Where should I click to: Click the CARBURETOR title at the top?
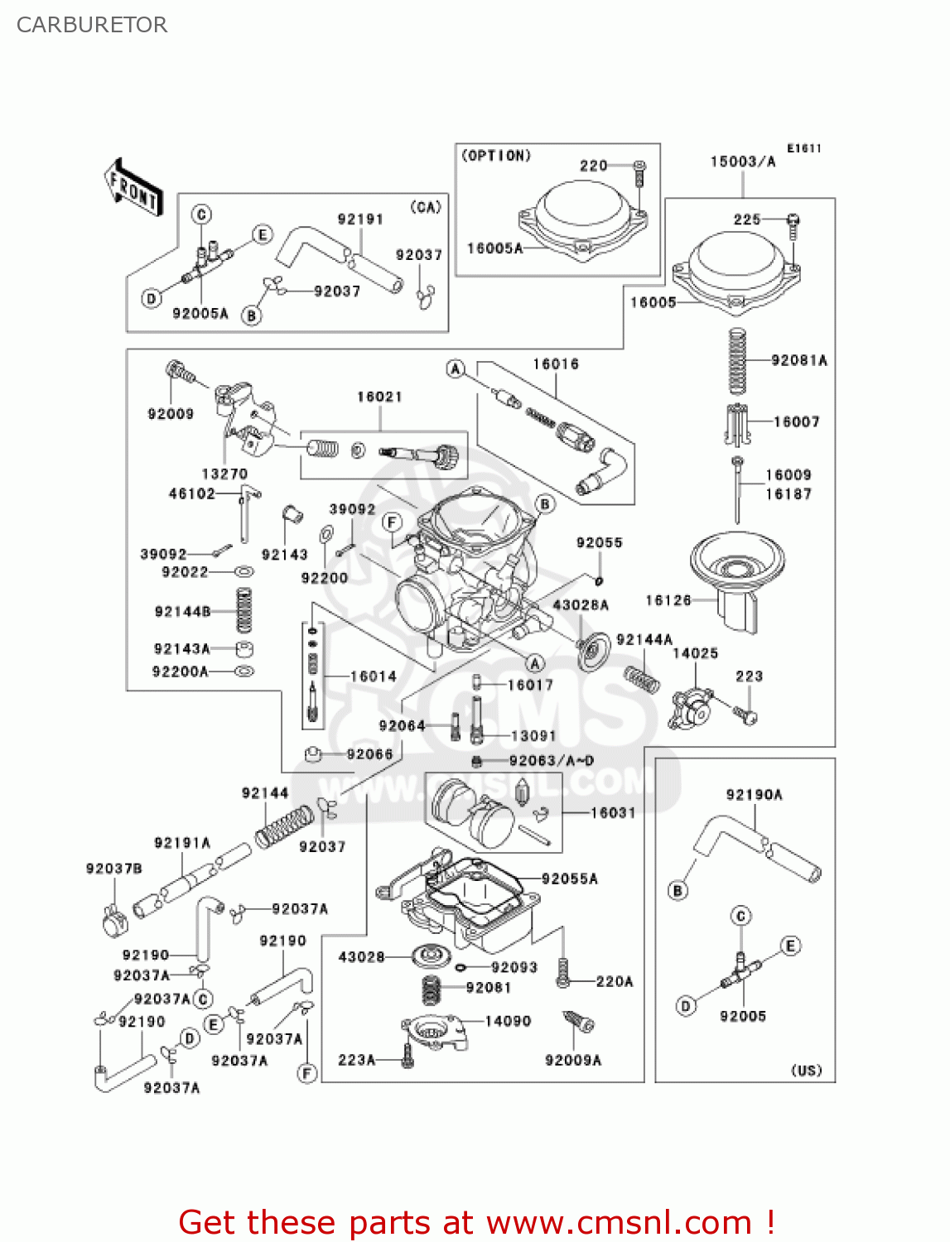point(92,25)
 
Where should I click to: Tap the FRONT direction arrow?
point(133,188)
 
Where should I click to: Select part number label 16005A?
point(494,248)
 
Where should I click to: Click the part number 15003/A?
point(742,161)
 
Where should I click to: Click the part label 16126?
point(668,600)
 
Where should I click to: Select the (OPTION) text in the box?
point(496,156)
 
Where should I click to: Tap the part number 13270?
point(224,474)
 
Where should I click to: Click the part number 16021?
point(379,397)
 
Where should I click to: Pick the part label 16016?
point(555,364)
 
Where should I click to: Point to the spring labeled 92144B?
point(244,611)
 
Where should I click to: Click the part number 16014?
point(373,676)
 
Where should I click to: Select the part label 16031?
point(613,813)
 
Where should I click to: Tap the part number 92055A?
point(569,879)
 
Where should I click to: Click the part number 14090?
point(508,1021)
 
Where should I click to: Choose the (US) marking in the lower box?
point(806,1070)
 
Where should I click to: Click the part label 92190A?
point(754,795)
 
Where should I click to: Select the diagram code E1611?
point(803,148)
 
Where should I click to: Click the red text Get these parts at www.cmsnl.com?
point(476,1222)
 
